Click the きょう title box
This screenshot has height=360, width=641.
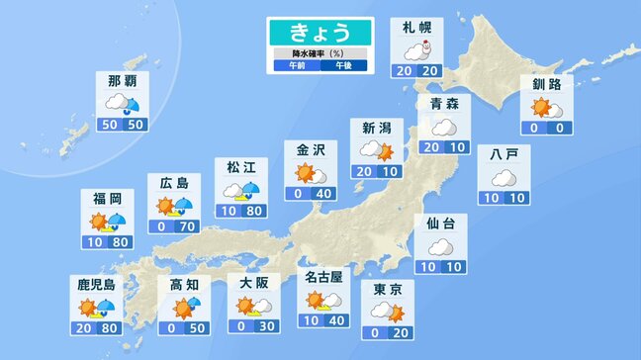pyautogui.click(x=320, y=32)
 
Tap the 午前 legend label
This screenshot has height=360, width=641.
pyautogui.click(x=297, y=65)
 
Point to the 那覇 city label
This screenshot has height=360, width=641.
pyautogui.click(x=122, y=79)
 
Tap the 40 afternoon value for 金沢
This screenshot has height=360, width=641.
pyautogui.click(x=323, y=194)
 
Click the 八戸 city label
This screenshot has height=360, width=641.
pyautogui.click(x=503, y=155)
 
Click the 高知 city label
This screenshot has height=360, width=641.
pyautogui.click(x=185, y=284)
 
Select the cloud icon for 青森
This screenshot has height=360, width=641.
pyautogui.click(x=442, y=128)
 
